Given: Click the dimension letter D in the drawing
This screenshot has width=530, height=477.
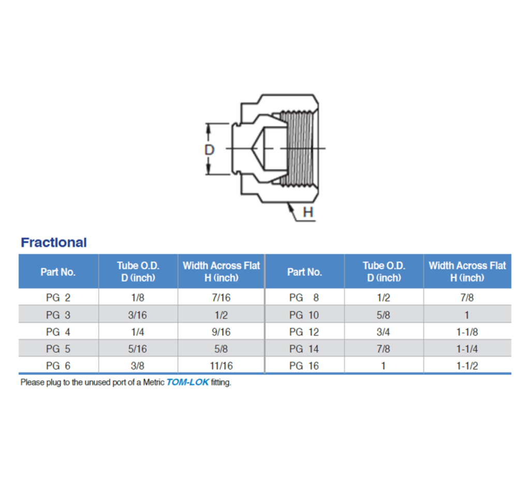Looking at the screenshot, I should tap(210, 150).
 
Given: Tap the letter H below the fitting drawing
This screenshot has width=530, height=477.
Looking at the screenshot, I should tap(308, 213).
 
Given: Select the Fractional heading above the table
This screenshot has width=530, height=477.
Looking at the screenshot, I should tap(54, 243).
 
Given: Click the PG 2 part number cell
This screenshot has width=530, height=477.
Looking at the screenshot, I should tap(58, 297).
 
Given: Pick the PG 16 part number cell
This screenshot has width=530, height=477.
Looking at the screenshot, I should tap(304, 366).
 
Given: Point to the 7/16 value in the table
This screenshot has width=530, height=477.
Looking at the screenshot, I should tap(221, 297).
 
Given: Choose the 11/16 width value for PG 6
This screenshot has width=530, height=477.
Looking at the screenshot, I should tap(221, 366).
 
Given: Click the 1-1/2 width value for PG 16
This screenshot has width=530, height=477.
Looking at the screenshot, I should tap(467, 366).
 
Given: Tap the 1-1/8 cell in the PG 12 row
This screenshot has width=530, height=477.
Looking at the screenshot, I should tap(467, 332).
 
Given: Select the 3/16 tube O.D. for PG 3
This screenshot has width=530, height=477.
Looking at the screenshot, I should tap(138, 315).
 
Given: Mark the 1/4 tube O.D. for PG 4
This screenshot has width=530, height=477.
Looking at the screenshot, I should tap(138, 332).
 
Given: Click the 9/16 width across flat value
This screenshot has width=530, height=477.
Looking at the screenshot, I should tap(221, 332).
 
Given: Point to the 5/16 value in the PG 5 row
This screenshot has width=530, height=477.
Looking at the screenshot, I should tap(138, 349).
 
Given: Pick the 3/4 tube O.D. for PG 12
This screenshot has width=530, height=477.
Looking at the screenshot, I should tap(384, 332).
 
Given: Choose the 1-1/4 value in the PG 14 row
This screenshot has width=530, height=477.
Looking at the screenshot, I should tap(467, 349).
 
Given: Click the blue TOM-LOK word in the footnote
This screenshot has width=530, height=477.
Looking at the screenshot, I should tap(187, 383).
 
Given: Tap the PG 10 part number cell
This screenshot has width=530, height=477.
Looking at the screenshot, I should tap(304, 315).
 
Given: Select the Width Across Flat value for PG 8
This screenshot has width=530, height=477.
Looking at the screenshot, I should tap(467, 297).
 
